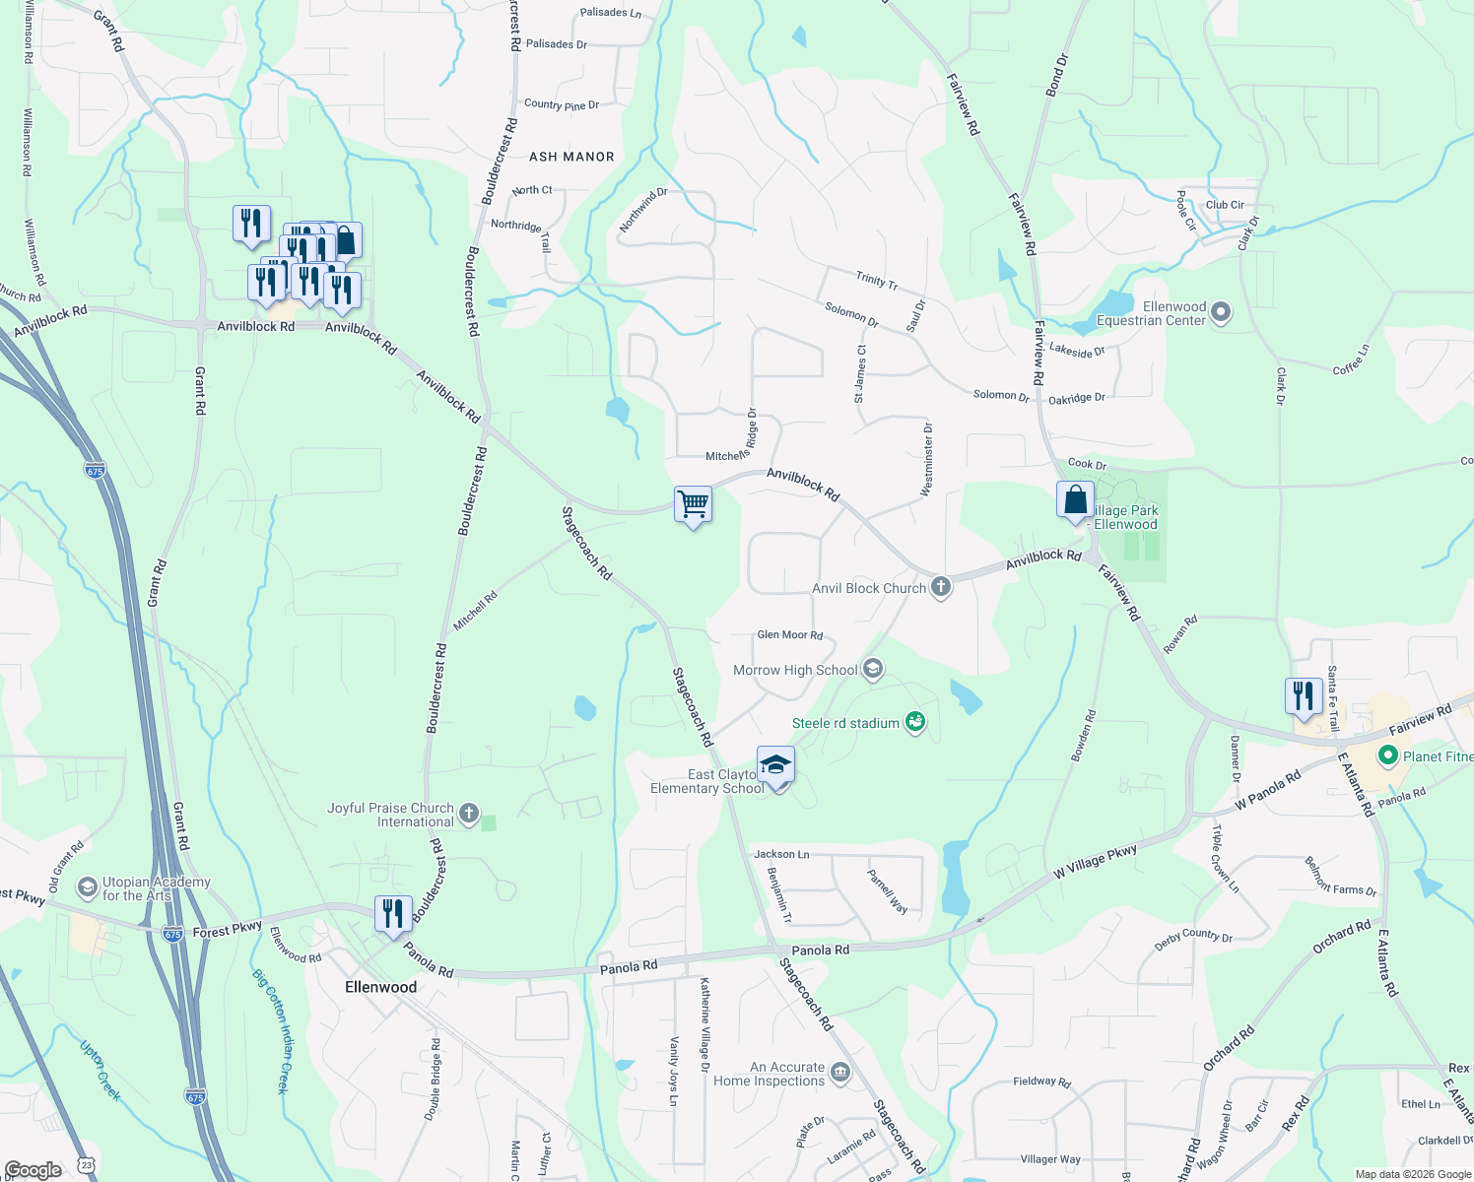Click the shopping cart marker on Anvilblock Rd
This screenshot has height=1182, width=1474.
coord(693,504)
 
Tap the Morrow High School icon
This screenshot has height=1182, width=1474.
coord(872,670)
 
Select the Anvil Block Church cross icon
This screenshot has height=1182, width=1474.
coord(941,588)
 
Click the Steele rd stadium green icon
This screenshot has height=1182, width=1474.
coord(915,723)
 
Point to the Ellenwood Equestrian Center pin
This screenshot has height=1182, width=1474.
coord(1221,313)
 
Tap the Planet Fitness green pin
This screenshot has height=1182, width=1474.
coord(1388,756)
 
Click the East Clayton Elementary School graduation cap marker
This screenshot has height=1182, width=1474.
coord(775,765)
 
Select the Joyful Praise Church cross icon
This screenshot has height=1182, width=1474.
coord(469,814)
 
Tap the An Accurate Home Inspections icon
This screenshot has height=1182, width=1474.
coord(839,1073)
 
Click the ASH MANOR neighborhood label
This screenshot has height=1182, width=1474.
coord(571,157)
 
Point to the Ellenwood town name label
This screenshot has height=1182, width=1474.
coord(380,987)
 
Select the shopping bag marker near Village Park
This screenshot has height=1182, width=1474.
coord(1075,499)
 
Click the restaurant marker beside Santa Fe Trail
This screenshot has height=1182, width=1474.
coord(1304,695)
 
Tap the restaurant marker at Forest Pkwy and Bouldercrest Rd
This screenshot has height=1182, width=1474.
coord(392,913)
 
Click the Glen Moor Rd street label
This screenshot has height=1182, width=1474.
coord(789,635)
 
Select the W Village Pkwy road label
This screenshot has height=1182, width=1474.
coord(1095,861)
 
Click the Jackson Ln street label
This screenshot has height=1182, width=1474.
coord(781,854)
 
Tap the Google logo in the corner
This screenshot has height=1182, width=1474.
coord(33,1169)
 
